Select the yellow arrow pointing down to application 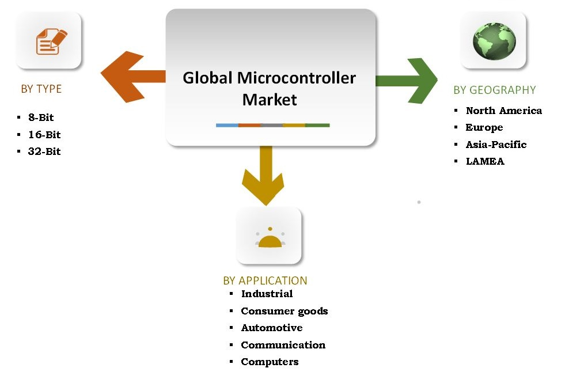click(x=265, y=176)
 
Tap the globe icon click(x=494, y=41)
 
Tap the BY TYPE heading click(x=41, y=89)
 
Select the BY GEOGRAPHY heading click(x=494, y=90)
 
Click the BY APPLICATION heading click(x=265, y=280)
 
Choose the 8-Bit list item click(x=40, y=117)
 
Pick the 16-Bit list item click(x=44, y=135)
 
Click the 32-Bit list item click(x=44, y=151)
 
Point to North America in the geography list click(x=503, y=111)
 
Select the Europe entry click(x=484, y=127)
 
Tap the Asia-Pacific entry click(x=496, y=145)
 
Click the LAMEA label click(x=485, y=161)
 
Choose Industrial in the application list click(x=267, y=294)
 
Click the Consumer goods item click(x=284, y=311)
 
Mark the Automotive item click(x=271, y=328)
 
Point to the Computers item click(x=270, y=362)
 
